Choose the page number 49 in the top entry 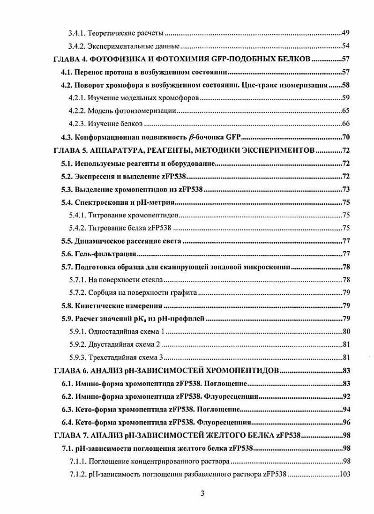click(x=346, y=34)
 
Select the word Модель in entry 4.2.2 click(x=100, y=112)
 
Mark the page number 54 click(x=346, y=46)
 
